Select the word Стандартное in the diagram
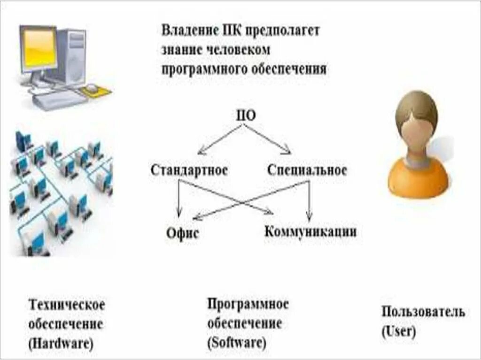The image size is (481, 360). [189, 170]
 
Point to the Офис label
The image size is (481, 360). [182, 233]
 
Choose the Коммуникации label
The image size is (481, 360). [310, 231]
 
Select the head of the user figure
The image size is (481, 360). [416, 120]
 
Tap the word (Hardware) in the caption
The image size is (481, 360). [61, 343]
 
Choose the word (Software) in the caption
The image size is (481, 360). [237, 342]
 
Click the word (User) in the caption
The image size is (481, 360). [398, 331]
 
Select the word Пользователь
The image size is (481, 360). [423, 312]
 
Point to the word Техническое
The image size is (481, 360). [67, 305]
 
